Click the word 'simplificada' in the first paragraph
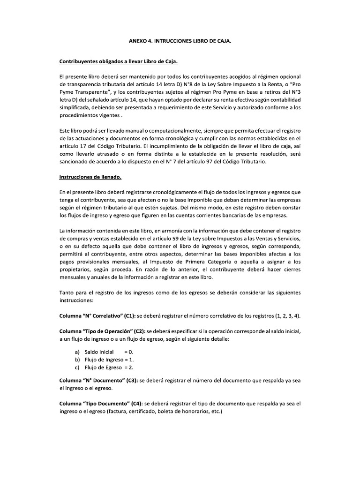(x=75, y=108)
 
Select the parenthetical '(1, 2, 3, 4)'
(x=285, y=315)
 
